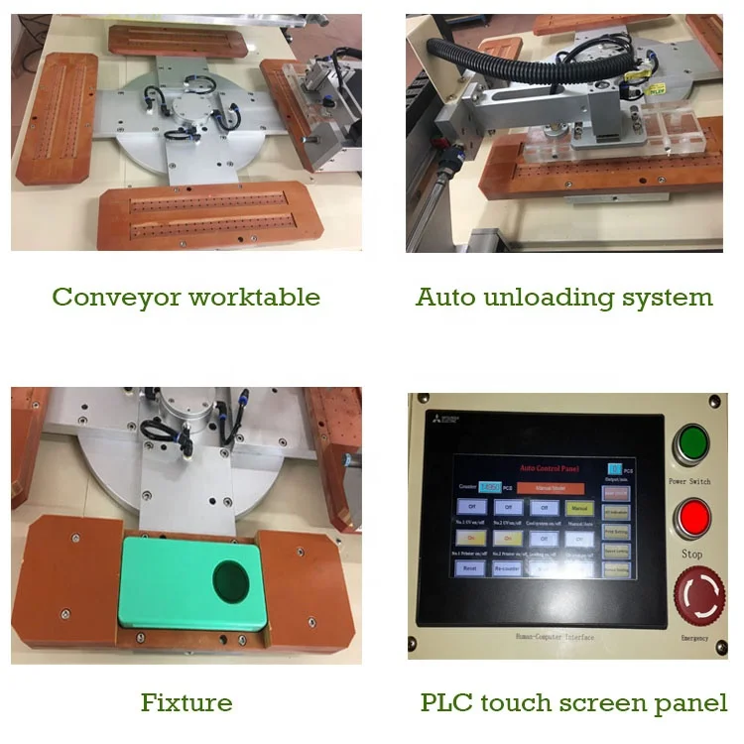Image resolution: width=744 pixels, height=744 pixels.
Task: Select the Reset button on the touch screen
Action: [x=471, y=568]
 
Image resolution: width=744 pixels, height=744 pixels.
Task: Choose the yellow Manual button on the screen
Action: [x=579, y=509]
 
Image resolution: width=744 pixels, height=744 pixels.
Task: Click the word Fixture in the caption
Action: [x=186, y=703]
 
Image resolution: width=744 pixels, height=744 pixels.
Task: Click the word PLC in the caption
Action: [x=445, y=703]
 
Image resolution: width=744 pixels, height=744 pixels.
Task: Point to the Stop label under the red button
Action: [x=691, y=554]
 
